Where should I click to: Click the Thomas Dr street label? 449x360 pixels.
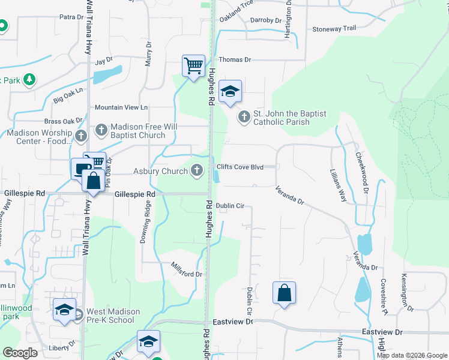[234, 60]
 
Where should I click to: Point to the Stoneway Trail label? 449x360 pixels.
[334, 29]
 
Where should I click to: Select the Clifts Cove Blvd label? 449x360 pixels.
[240, 167]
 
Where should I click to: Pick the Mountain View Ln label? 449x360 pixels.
[121, 107]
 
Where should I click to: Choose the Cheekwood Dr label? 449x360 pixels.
[362, 172]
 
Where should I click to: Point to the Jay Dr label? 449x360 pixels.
[104, 61]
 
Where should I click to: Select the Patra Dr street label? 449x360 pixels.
[71, 17]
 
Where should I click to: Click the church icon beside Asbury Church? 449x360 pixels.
[196, 171]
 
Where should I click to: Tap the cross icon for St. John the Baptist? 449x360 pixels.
[244, 116]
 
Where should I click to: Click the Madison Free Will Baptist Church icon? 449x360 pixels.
[101, 130]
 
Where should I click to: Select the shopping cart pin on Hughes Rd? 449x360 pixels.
[193, 65]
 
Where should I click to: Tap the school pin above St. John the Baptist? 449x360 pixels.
[230, 92]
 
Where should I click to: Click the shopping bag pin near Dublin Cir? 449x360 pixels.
[285, 293]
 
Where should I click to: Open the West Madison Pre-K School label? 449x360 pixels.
[113, 316]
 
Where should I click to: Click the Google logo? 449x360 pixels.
[20, 353]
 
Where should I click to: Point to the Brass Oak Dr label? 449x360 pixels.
[63, 121]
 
